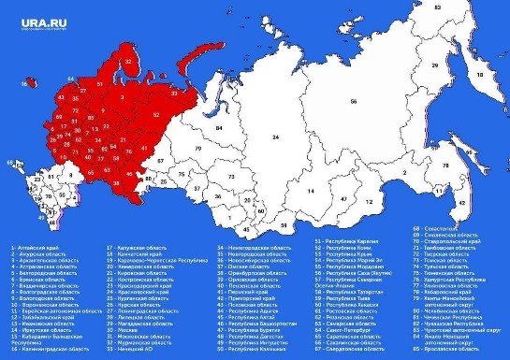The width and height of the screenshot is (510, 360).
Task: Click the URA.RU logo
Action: (x=35, y=15)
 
